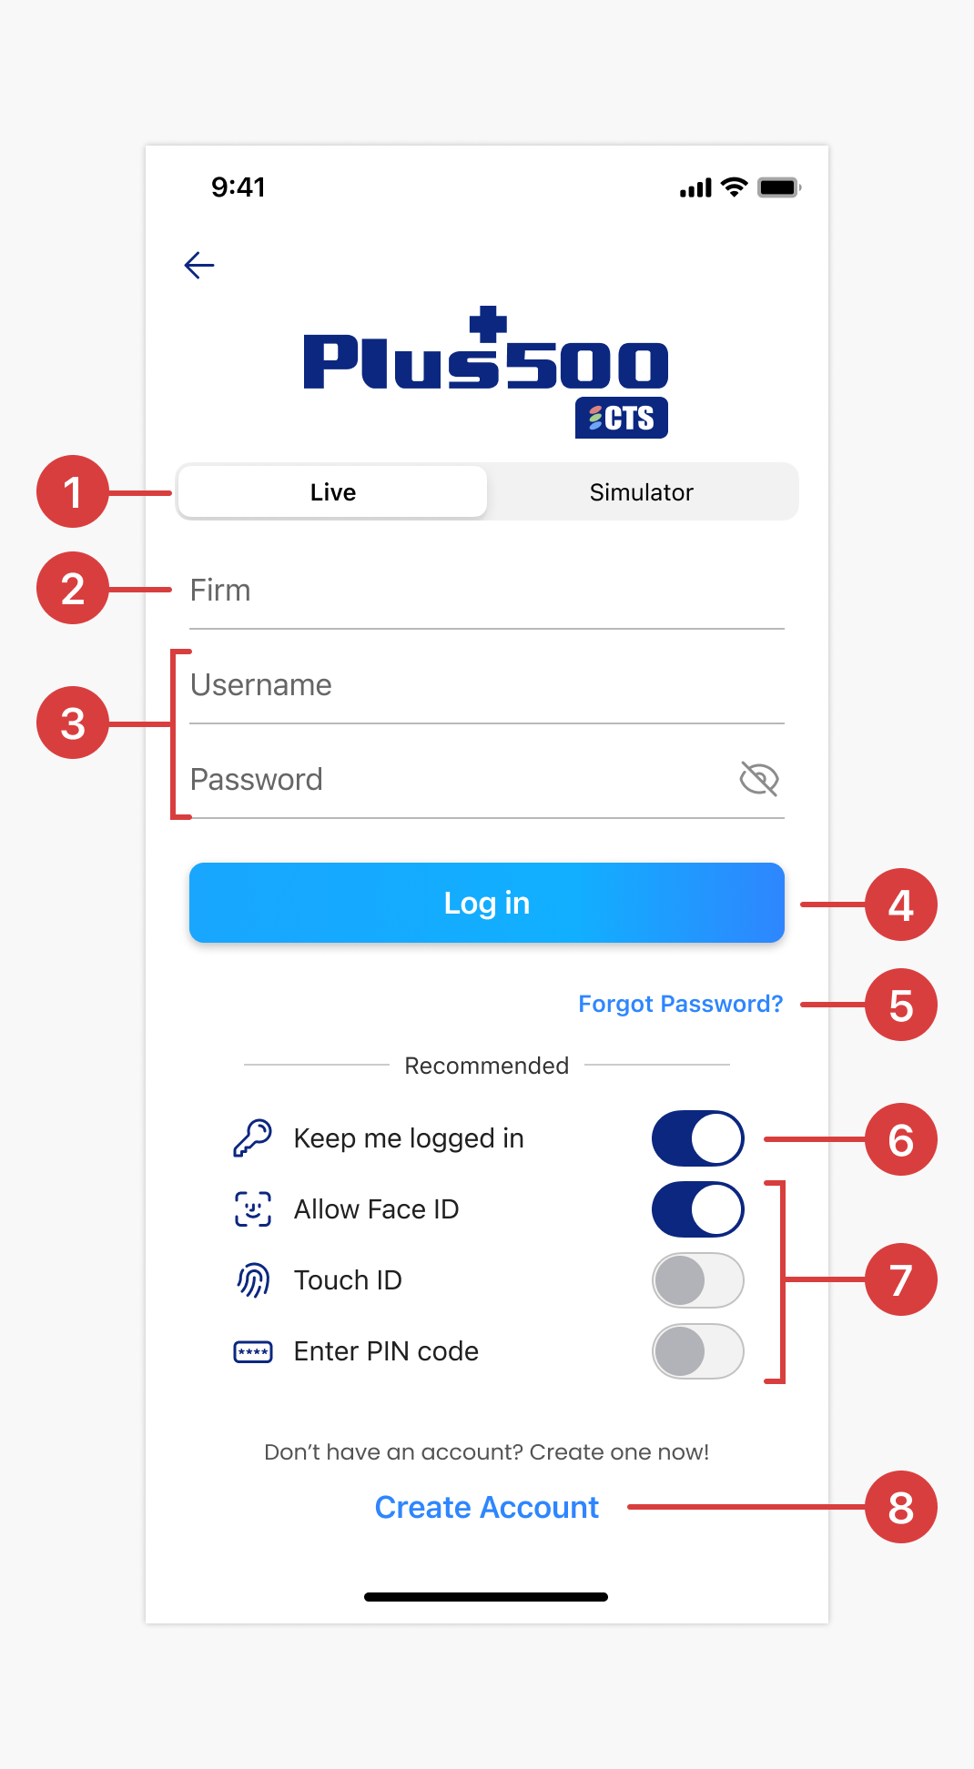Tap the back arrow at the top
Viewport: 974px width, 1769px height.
coord(199,265)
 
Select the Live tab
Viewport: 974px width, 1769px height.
coord(332,491)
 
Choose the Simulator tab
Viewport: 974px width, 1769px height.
coord(642,491)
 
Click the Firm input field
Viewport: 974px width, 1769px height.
coord(487,591)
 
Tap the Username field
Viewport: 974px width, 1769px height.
coord(487,685)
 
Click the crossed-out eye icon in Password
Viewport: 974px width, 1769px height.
coord(759,779)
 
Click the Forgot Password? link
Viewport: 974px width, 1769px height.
coord(681,1004)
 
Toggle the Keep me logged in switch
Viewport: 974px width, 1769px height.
coord(698,1138)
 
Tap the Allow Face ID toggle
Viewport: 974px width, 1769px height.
coord(698,1209)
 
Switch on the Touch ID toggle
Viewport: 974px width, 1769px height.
coord(698,1280)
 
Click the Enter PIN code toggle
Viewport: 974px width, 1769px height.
coord(698,1351)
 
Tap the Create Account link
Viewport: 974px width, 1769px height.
coord(487,1507)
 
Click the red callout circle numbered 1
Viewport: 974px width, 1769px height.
coord(73,491)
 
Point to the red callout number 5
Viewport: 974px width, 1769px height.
coord(901,1005)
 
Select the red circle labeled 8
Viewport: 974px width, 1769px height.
coord(901,1507)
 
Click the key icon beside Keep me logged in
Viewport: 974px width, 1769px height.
coord(253,1138)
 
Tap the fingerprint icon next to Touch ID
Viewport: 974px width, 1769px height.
coord(253,1280)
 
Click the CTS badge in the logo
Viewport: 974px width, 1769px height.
coord(622,418)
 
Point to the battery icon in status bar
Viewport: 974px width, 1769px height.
coord(779,187)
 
